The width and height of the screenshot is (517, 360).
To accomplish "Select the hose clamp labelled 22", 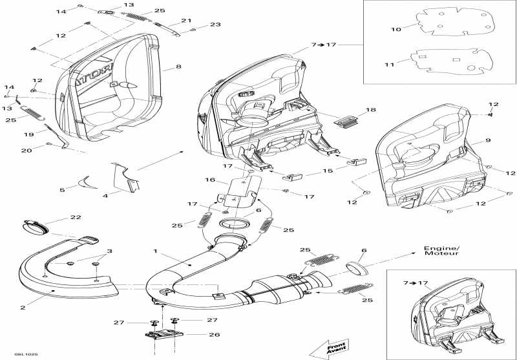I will point(37,227).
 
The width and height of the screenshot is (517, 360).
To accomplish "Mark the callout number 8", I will point(178,67).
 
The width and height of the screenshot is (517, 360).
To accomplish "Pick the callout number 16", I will point(209,181).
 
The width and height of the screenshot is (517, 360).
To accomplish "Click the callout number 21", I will point(186,21).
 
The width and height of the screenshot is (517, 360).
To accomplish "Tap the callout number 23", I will point(215,25).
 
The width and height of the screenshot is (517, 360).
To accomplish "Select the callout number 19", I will point(27,134).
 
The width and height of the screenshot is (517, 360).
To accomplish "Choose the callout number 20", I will point(26,151).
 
